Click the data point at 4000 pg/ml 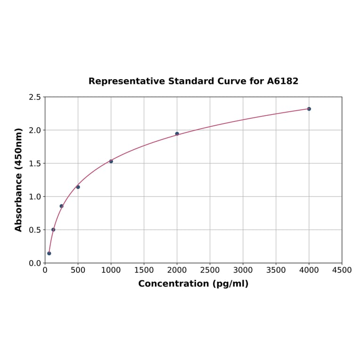pos(309,109)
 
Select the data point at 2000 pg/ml pos(177,134)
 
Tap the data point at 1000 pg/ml pos(111,161)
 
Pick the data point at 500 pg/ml pos(78,187)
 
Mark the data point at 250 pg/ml pos(61,206)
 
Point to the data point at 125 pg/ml pos(53,229)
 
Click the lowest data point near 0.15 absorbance pos(49,254)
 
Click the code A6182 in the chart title pos(283,81)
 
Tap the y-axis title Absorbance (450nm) pos(19,180)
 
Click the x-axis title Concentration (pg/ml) pos(193,284)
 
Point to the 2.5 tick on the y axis pos(35,97)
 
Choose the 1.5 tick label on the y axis pos(35,164)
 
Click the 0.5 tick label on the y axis pos(35,230)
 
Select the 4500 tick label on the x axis pos(342,270)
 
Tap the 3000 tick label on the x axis pos(243,270)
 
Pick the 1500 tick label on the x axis pos(144,270)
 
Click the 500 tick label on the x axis pos(78,270)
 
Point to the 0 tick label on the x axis pos(45,270)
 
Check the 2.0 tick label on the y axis pos(35,130)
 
